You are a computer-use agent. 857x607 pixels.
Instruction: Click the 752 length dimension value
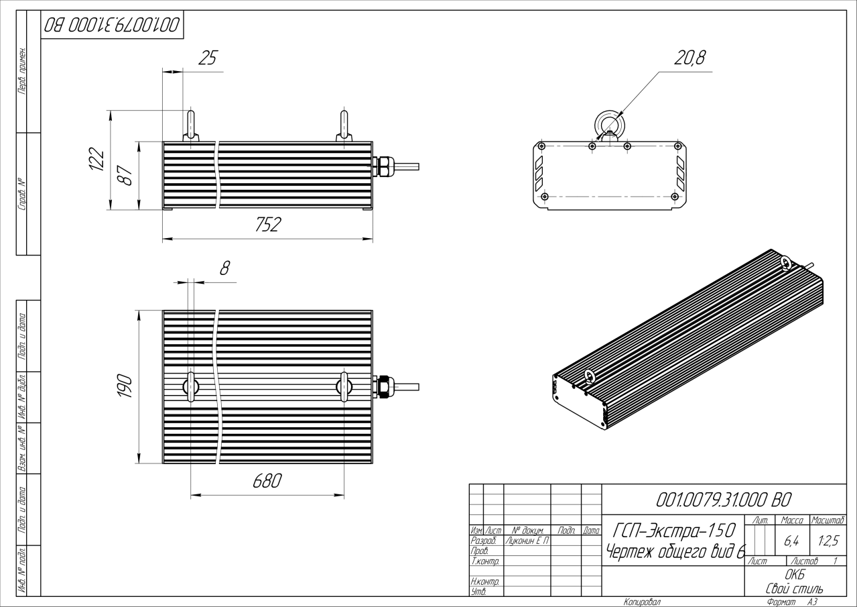[x=267, y=226]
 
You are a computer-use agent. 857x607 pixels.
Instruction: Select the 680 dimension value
[x=267, y=482]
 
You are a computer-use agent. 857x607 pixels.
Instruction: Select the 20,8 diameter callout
[x=689, y=58]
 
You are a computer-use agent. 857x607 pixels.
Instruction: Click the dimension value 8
[x=225, y=269]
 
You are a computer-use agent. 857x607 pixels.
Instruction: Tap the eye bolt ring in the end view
[x=608, y=123]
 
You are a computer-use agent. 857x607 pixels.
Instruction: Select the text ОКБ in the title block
[x=794, y=575]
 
